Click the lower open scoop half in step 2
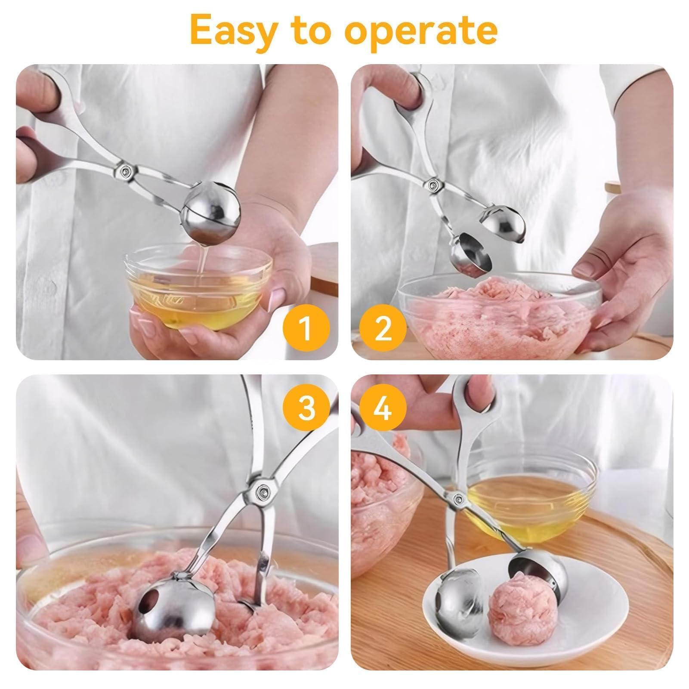tap(471, 256)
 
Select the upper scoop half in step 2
tap(504, 224)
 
